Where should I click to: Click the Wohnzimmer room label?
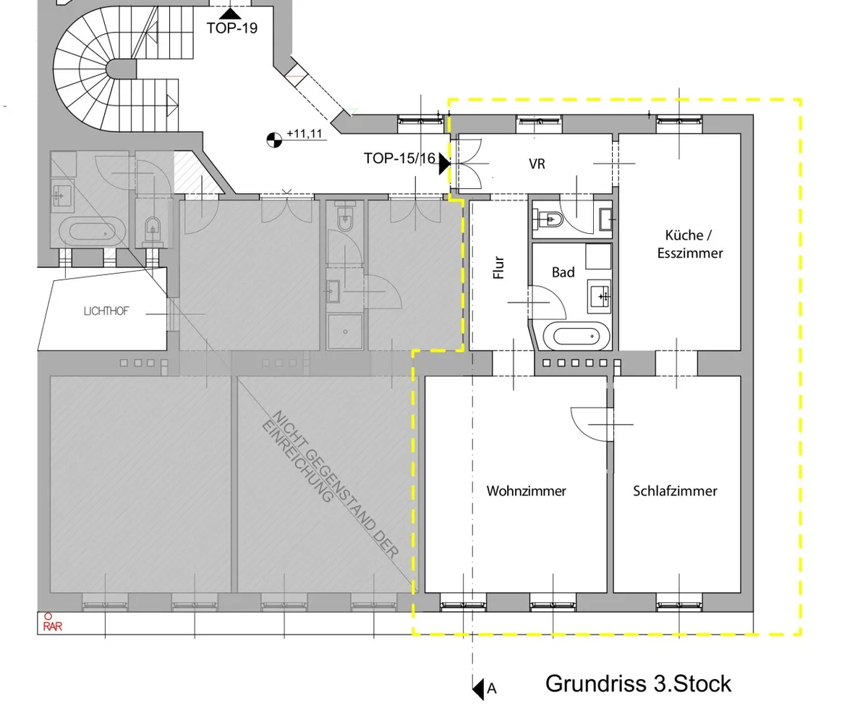pos(527,491)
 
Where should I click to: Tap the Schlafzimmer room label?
pos(675,491)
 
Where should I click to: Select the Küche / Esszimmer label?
pos(690,244)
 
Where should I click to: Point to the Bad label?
pos(563,272)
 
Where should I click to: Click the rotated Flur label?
pos(498,267)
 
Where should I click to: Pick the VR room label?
pos(537,164)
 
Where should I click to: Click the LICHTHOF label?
pos(106,311)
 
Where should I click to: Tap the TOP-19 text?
pos(232,28)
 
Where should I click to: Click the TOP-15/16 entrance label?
pos(399,159)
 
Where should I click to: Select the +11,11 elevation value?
pos(305,134)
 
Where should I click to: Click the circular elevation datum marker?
pos(274,140)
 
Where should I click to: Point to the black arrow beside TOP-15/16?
pos(444,164)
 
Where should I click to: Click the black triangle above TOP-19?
pos(230,14)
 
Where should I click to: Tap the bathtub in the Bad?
pos(576,336)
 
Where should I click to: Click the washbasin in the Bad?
pos(599,296)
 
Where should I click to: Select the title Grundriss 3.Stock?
pos(638,683)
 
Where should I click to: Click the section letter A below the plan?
pos(492,689)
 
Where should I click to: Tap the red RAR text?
pos(52,627)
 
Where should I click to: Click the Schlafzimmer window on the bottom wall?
pos(679,602)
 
